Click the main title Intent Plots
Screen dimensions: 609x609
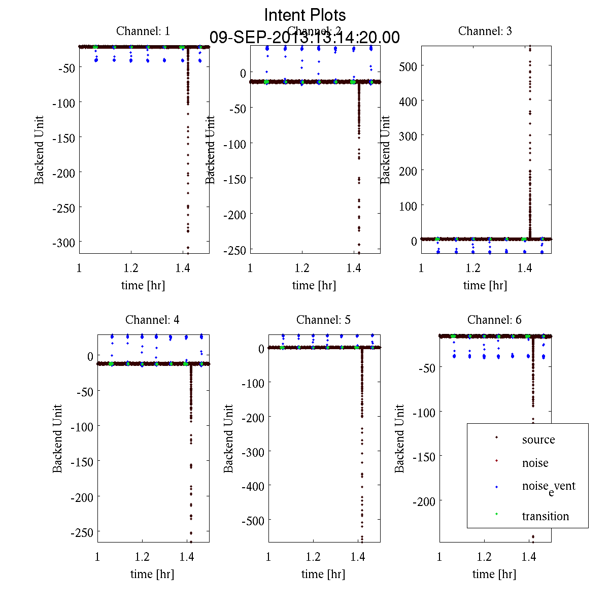[x=305, y=15]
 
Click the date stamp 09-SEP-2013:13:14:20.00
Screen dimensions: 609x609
[x=305, y=38]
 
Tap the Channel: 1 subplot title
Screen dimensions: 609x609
[x=143, y=31]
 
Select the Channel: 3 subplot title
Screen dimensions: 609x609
[x=485, y=31]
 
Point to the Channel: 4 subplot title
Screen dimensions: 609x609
[x=152, y=320]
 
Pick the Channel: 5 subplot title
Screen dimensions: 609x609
[x=323, y=320]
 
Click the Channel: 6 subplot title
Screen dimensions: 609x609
[x=494, y=320]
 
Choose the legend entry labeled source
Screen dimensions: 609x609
[x=538, y=439]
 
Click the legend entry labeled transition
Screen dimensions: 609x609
[x=546, y=516]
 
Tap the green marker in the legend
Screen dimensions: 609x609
[x=497, y=515]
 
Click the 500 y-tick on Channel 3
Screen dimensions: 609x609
[x=408, y=66]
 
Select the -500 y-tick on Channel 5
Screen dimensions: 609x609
[x=253, y=521]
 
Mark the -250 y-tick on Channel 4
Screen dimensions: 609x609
[x=82, y=533]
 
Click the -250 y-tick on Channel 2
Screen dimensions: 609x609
[x=234, y=250]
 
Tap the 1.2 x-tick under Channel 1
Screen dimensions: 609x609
[x=131, y=268]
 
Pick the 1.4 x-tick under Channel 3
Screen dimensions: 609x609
[x=525, y=268]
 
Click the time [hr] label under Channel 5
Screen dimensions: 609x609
[x=323, y=574]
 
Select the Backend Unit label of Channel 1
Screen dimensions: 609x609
[x=40, y=150]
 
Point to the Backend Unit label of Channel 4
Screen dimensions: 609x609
[x=58, y=439]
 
